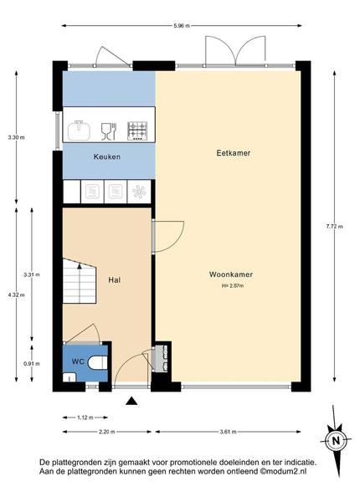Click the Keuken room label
coord(107,157)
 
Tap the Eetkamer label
coord(234,153)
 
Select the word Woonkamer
coord(231,274)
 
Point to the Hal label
coord(115,280)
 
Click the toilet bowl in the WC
coord(97,363)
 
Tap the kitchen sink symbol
coord(79,130)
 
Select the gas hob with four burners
coord(137,131)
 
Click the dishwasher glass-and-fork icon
coord(109,131)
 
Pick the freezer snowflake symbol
coord(139,192)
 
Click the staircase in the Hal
coord(79,281)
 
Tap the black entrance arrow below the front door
coord(131,401)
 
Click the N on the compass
coord(336,441)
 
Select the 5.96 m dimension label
coord(182,26)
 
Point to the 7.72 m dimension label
coord(334,227)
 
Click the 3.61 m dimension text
coord(228,432)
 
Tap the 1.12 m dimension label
coord(85,417)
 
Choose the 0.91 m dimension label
coord(32,364)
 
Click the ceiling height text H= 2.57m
coord(233,285)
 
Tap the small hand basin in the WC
coord(69,377)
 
